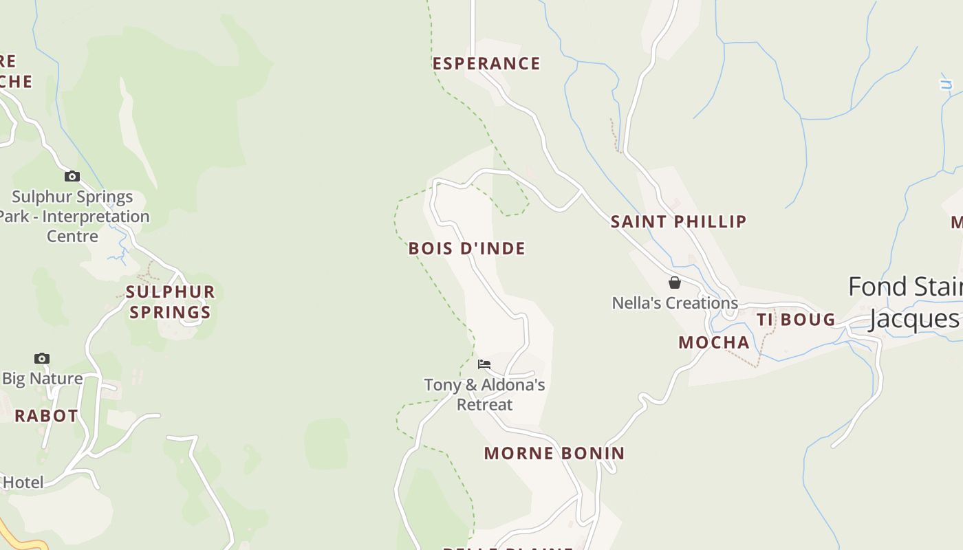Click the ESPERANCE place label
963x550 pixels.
click(486, 64)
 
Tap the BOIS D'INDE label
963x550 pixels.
click(467, 248)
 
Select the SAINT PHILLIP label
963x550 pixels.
click(679, 221)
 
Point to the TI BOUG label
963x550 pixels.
click(796, 320)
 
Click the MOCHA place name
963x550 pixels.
click(714, 342)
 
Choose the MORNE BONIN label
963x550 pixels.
click(554, 454)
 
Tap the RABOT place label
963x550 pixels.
click(46, 416)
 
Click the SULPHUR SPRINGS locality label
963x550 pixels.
click(171, 302)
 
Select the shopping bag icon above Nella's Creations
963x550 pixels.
click(675, 283)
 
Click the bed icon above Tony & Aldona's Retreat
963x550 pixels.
click(484, 364)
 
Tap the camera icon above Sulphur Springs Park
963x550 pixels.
click(72, 177)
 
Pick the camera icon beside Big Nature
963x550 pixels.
click(42, 358)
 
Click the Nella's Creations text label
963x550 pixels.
click(675, 303)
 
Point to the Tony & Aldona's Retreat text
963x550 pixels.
click(484, 395)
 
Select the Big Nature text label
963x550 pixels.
click(43, 379)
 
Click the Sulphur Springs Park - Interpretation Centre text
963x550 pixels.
click(73, 217)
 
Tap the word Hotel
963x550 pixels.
click(23, 483)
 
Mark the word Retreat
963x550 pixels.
click(485, 404)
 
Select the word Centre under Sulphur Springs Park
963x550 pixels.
click(73, 236)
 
